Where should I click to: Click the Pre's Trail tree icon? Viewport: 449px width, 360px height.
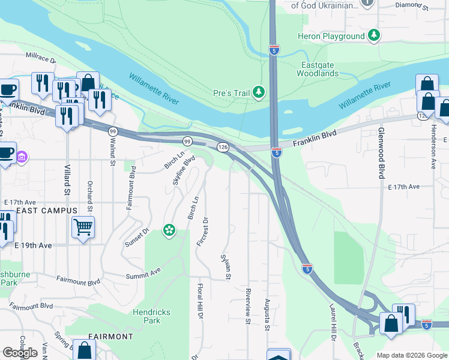258,92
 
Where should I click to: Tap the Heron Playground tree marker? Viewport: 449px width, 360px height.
375,36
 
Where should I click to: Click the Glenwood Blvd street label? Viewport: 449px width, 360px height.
381,153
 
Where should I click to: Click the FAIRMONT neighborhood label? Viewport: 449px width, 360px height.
110,337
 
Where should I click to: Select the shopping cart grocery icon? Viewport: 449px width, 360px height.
83,227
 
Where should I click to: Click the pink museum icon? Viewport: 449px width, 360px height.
22,158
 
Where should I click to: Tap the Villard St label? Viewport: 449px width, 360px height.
67,180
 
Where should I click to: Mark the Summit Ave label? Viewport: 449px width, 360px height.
143,273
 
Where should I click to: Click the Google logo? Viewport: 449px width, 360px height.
20,352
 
